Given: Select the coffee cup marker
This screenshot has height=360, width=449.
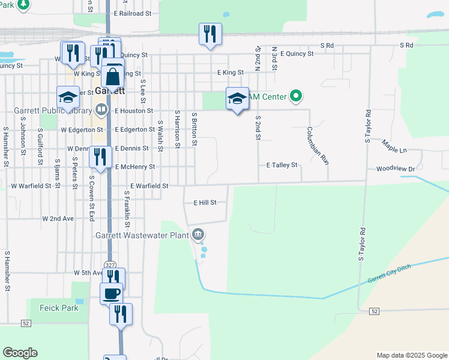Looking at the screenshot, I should point(111,293).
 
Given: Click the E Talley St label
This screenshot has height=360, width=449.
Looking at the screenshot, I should point(282,165).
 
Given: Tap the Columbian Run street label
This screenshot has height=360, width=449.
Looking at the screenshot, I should point(318,146).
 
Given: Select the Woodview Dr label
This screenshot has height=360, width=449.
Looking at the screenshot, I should point(396,169).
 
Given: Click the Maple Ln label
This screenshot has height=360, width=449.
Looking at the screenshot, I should point(394,145).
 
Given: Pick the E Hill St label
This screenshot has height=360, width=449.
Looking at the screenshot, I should point(205,203).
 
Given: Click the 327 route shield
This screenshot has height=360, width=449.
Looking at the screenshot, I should point(109,264).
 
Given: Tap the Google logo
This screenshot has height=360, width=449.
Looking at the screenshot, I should point(20,353).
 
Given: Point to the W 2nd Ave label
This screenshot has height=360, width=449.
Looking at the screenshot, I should point(58,219).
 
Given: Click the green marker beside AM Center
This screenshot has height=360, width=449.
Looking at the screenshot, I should point(295,95).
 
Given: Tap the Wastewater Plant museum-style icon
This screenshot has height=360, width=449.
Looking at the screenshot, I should point(198,235).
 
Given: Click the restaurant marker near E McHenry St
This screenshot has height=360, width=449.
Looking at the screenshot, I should point(100,157).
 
